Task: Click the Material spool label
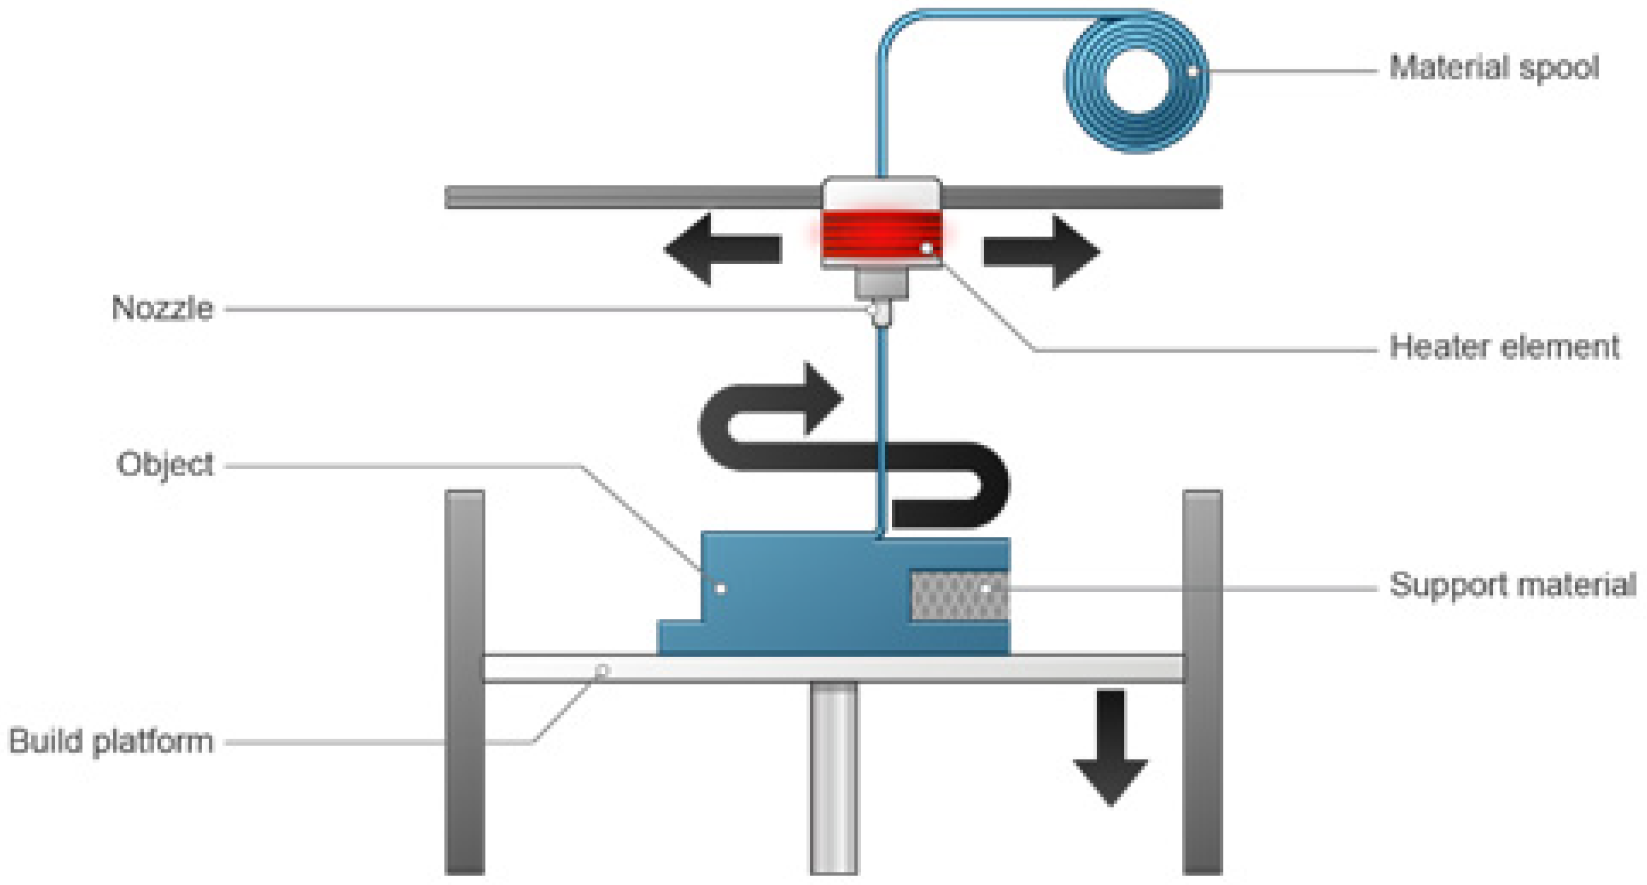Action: coord(1493,68)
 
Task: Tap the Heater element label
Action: coord(1504,347)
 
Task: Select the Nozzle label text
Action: coord(162,308)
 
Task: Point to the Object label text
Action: coord(165,465)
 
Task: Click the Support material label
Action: coord(1512,585)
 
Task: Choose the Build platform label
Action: coord(110,742)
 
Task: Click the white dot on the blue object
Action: coord(721,588)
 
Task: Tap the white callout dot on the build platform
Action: coord(602,671)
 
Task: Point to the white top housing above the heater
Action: coord(881,193)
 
